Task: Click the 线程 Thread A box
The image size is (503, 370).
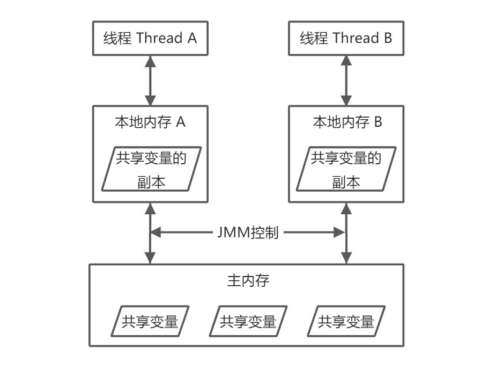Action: click(150, 39)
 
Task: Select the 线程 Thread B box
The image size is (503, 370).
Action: click(346, 39)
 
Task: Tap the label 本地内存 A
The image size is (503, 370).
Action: click(150, 122)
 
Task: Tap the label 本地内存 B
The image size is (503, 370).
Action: click(347, 122)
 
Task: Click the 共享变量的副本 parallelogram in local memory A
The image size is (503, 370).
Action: click(150, 169)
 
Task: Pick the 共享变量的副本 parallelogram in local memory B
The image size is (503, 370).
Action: click(346, 169)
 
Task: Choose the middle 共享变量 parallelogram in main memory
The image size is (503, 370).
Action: click(248, 321)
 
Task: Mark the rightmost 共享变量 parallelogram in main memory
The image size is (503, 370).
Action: click(346, 321)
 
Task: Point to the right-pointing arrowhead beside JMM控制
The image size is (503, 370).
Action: click(339, 233)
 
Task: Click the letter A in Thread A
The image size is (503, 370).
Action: click(191, 39)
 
